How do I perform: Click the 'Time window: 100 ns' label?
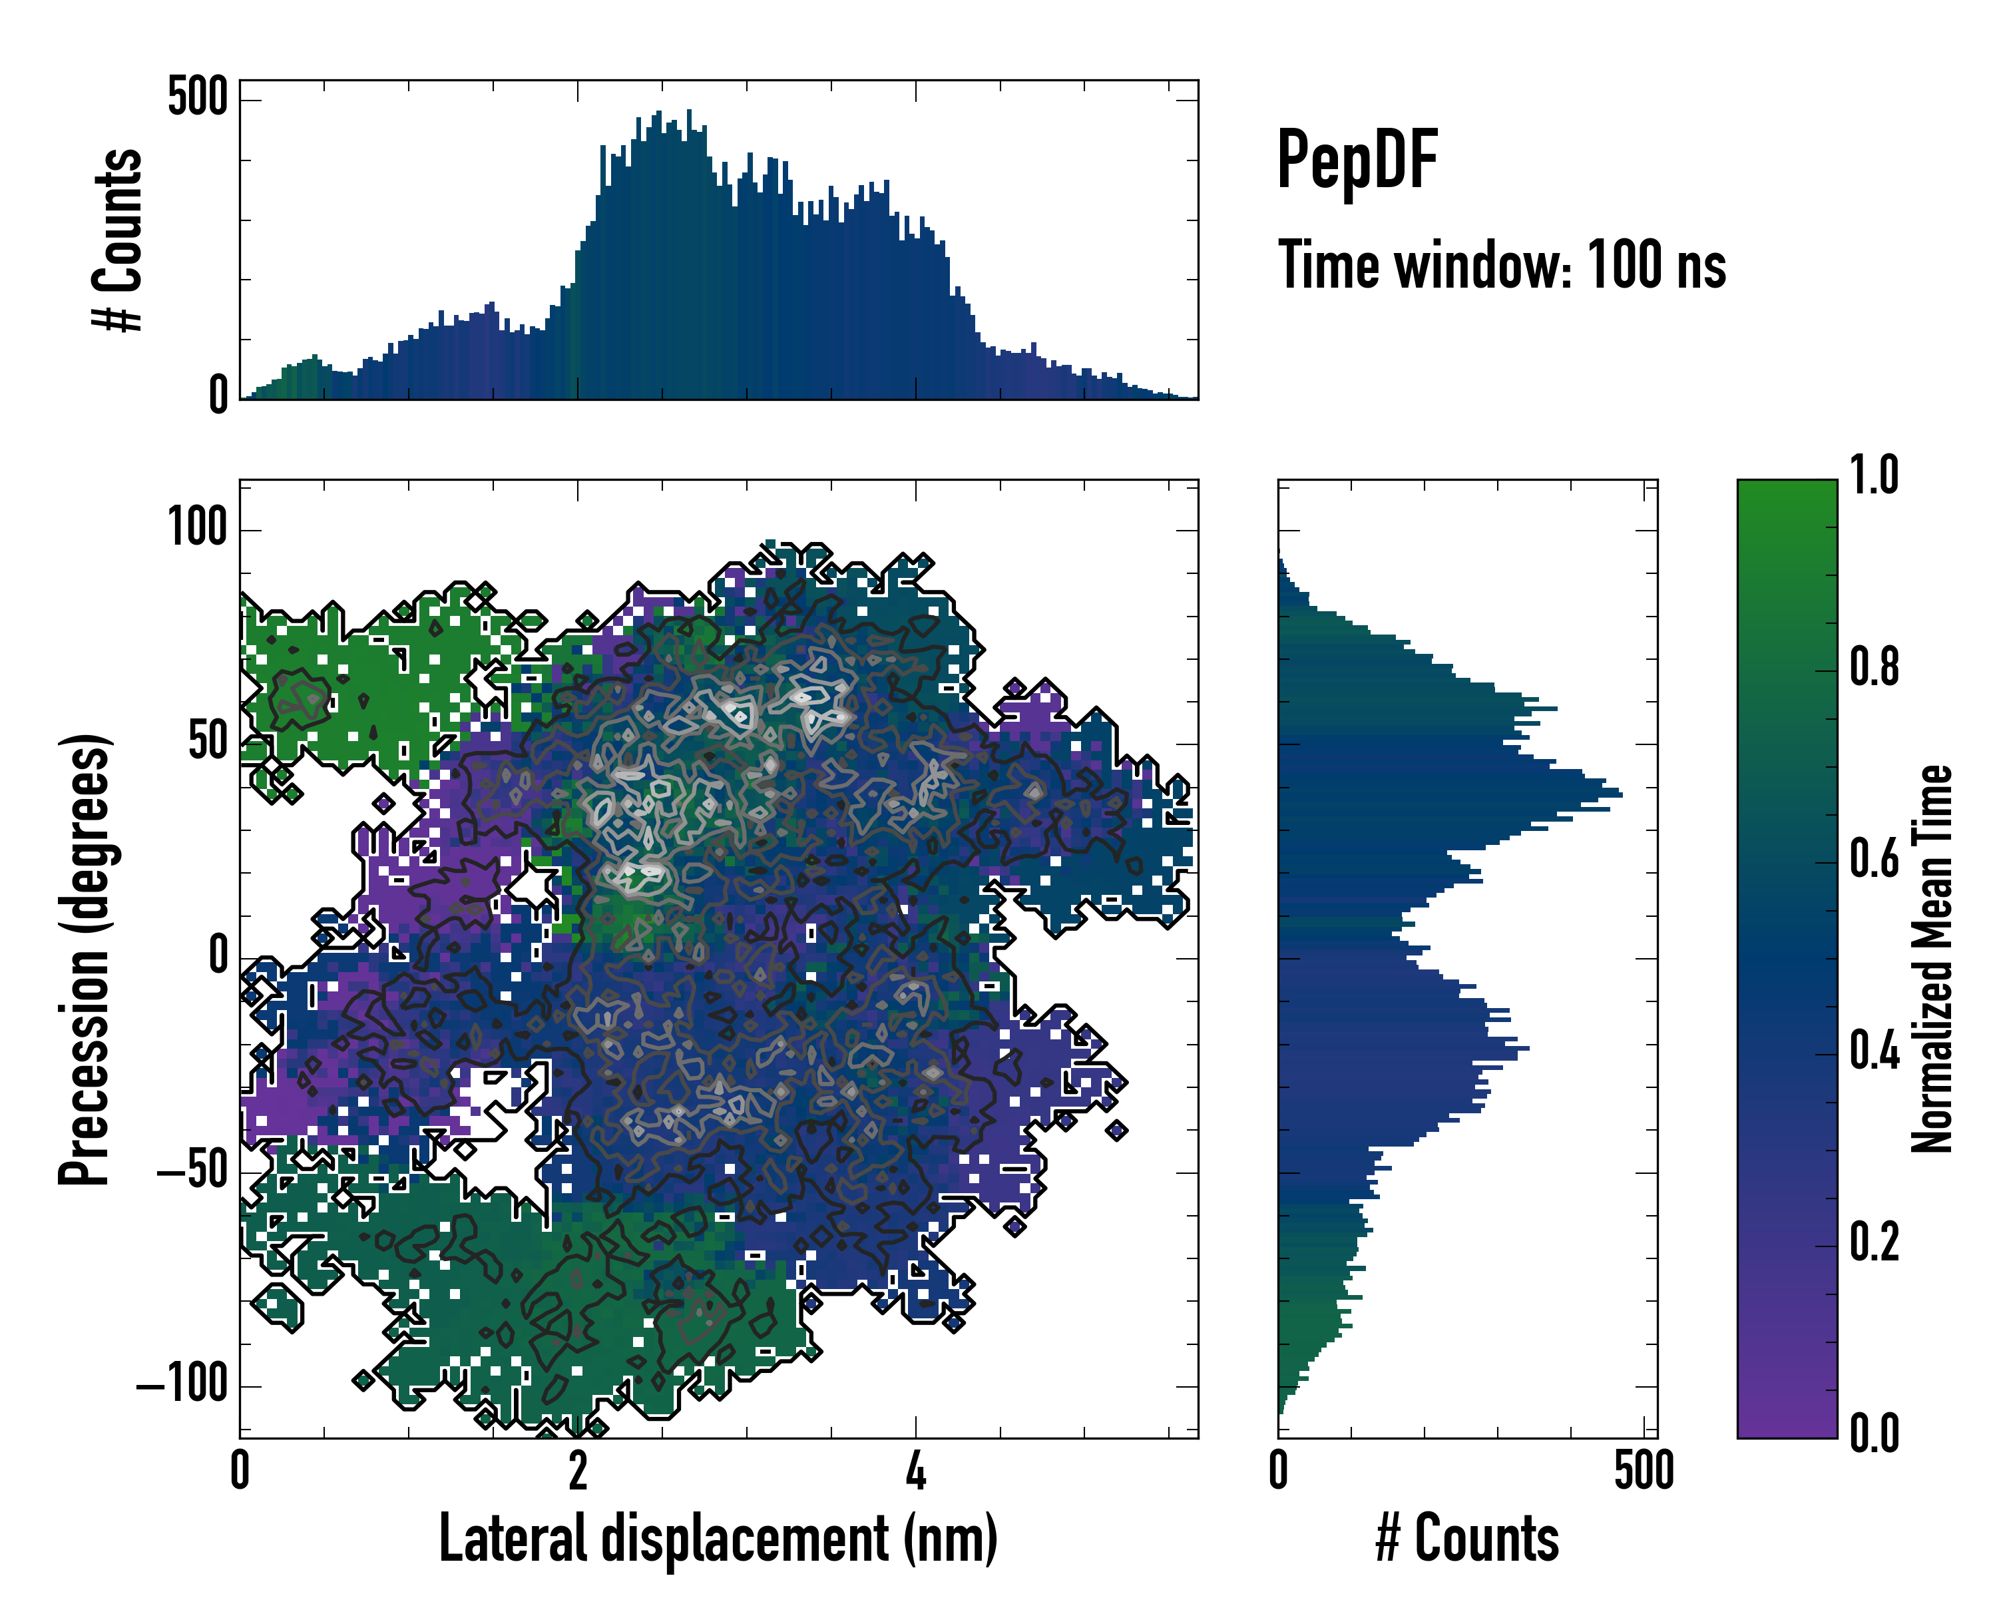pyautogui.click(x=1502, y=266)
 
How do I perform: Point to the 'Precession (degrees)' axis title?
pyautogui.click(x=85, y=959)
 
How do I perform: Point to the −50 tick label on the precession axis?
pyautogui.click(x=192, y=1172)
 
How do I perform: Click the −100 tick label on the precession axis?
pyautogui.click(x=182, y=1386)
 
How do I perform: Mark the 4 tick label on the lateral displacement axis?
pyautogui.click(x=915, y=1471)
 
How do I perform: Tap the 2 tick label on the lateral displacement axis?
pyautogui.click(x=577, y=1471)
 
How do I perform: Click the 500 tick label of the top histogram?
pyautogui.click(x=197, y=97)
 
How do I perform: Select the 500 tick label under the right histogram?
pyautogui.click(x=1643, y=1471)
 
